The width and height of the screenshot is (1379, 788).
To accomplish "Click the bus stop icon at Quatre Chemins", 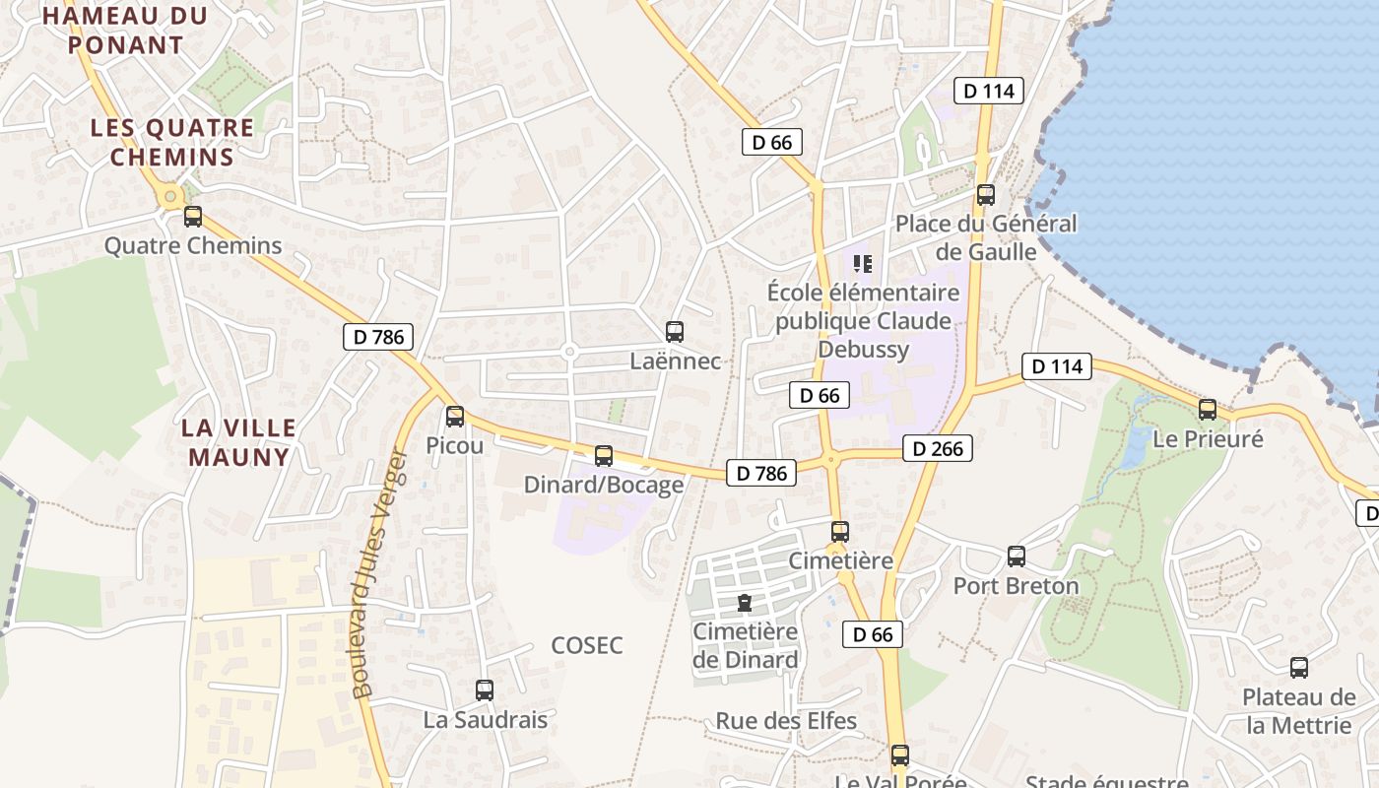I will (x=193, y=217).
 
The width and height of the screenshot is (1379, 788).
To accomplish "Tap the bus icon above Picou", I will (x=455, y=417).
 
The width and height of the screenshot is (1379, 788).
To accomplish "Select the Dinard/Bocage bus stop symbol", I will (x=604, y=456).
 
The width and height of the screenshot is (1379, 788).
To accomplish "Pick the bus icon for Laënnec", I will (x=675, y=332).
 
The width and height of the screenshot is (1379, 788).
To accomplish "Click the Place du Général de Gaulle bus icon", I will (x=986, y=195).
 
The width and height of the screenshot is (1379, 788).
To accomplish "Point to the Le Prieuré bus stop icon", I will (x=1208, y=410).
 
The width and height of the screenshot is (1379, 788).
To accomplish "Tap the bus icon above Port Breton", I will (x=1017, y=557).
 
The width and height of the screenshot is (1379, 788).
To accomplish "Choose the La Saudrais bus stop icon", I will (x=485, y=690).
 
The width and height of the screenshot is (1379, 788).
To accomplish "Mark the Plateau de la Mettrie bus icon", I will (x=1299, y=668).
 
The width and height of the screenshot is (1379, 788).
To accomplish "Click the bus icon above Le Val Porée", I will (x=900, y=755).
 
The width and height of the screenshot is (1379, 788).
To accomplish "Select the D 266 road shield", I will (x=938, y=449).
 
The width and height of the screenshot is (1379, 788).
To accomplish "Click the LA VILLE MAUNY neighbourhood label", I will (x=239, y=442).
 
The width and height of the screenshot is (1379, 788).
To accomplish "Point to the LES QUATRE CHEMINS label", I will (x=172, y=142).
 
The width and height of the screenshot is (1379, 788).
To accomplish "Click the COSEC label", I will (x=587, y=645).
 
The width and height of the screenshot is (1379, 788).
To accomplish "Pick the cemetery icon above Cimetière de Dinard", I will (x=746, y=602).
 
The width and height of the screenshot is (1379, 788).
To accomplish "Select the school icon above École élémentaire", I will (x=863, y=263).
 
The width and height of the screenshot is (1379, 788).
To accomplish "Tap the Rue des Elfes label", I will (x=786, y=721).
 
